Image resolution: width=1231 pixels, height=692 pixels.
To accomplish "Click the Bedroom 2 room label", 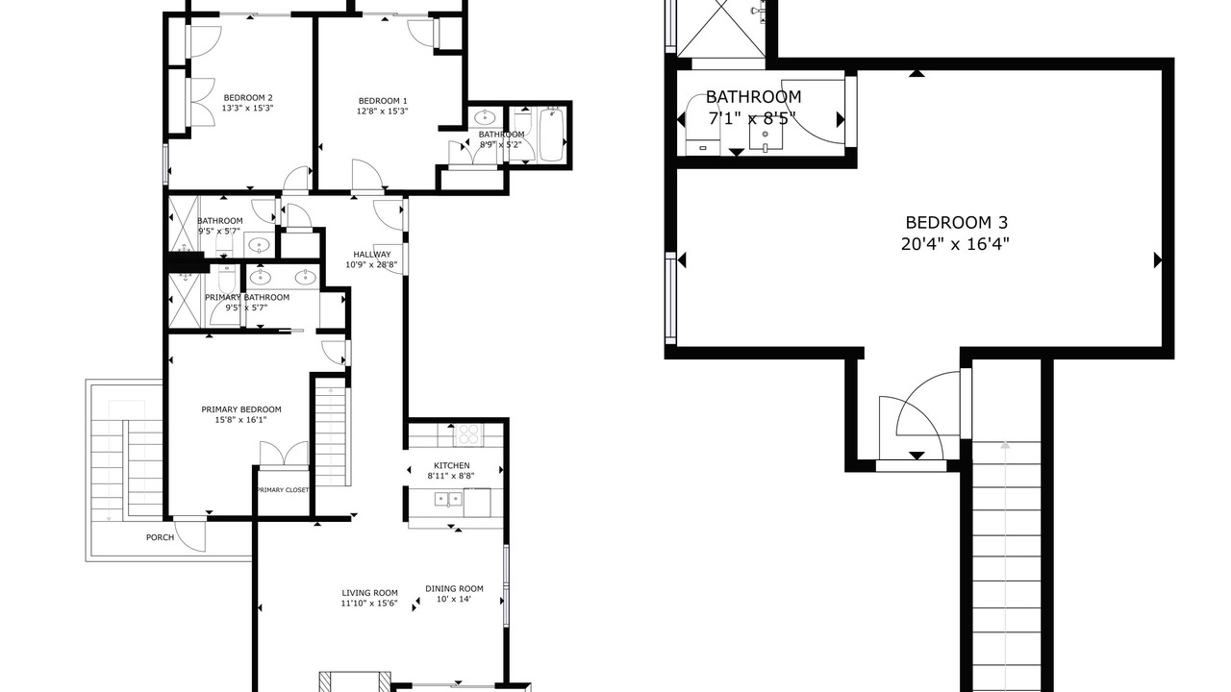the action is [247, 98].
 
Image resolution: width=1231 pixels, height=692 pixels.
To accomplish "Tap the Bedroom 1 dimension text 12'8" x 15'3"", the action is [383, 111].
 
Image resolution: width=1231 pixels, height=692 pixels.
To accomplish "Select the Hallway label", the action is [372, 255].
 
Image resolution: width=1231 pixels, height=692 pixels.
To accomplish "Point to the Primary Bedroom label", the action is [241, 409].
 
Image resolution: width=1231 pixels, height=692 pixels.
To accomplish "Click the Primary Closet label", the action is [283, 490].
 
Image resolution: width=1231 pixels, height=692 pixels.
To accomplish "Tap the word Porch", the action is [160, 537].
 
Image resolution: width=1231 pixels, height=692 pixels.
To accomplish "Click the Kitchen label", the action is [452, 466].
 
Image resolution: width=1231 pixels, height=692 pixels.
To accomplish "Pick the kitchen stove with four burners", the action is [468, 435].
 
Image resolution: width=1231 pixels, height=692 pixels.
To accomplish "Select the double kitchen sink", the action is [449, 499].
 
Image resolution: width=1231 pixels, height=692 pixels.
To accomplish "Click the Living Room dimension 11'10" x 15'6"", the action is [369, 604].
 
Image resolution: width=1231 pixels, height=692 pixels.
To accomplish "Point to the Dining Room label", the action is [455, 589].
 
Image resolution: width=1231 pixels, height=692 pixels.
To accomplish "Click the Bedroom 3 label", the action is [957, 222].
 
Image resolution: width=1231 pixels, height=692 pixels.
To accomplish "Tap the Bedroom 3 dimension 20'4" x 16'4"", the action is [955, 243].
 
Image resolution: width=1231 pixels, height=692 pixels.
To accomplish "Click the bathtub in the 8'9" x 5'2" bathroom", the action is [552, 135].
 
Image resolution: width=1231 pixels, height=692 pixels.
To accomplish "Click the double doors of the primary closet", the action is [284, 454].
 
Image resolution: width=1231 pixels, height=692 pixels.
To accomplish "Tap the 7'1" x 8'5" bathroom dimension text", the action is [752, 118].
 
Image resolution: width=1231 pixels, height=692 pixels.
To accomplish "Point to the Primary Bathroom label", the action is [247, 298].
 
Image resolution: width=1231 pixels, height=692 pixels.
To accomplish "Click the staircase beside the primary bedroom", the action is [332, 435].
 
